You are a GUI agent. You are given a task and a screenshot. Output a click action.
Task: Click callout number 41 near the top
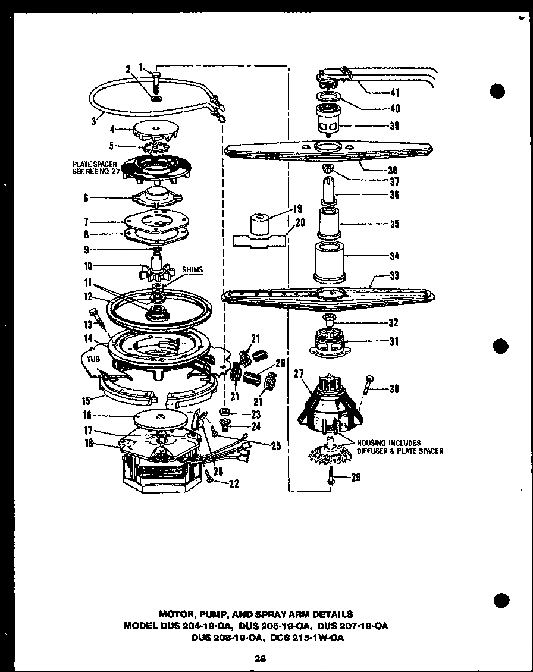394,92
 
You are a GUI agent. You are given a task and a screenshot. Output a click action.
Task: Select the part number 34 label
394,256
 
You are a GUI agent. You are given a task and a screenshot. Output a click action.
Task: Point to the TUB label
87,359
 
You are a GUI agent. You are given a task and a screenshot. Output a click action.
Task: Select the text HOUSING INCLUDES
388,443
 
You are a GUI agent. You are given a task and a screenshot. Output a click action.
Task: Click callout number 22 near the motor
234,483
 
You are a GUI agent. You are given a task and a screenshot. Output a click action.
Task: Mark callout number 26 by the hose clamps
281,362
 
